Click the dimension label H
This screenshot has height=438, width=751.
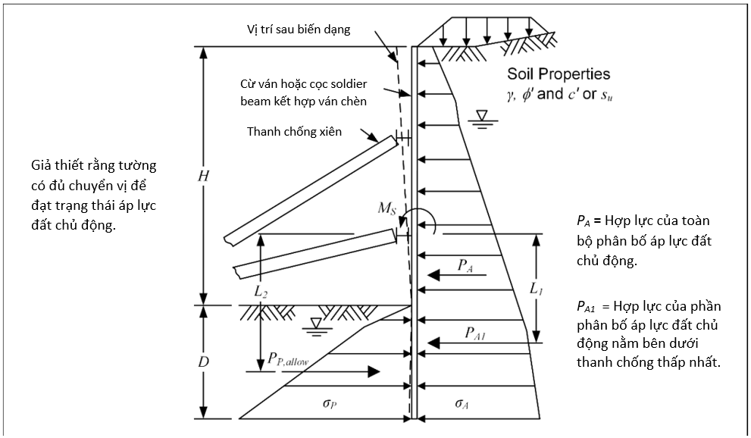(204, 176)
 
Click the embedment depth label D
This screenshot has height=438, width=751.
(204, 362)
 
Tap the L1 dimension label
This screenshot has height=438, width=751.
(536, 288)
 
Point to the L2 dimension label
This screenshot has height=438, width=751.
(260, 291)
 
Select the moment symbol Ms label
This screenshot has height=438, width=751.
(387, 208)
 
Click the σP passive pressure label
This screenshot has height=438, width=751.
(329, 404)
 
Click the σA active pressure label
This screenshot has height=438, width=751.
(462, 404)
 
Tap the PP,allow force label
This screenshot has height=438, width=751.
(288, 359)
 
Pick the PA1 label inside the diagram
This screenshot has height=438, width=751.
(475, 333)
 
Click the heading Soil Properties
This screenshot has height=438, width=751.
(559, 74)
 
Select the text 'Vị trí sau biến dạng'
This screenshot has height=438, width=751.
(299, 30)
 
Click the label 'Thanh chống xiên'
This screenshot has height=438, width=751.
(294, 132)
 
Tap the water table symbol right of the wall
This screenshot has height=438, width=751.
(482, 119)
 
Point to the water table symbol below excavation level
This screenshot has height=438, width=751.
(315, 327)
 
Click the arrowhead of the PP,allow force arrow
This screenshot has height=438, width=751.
(374, 371)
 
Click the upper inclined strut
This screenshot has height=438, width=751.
(311, 190)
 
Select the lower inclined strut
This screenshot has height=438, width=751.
(315, 254)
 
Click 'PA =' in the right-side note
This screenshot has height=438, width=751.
(589, 221)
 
